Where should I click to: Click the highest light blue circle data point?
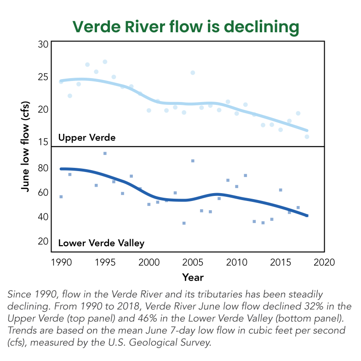coord(105,62)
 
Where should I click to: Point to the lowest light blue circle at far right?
coord(307,137)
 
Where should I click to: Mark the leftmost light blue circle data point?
coord(61,81)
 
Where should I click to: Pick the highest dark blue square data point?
coord(105,154)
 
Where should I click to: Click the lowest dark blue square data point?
coord(184,223)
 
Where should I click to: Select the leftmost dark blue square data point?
coord(61,197)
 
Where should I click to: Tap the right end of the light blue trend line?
coord(307,131)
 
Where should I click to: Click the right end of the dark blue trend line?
coord(307,216)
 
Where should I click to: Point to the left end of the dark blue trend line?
coord(61,169)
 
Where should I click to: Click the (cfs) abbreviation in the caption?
coord(17,343)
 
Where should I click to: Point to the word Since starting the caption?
coord(19,294)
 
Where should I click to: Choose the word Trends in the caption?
coord(21,331)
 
